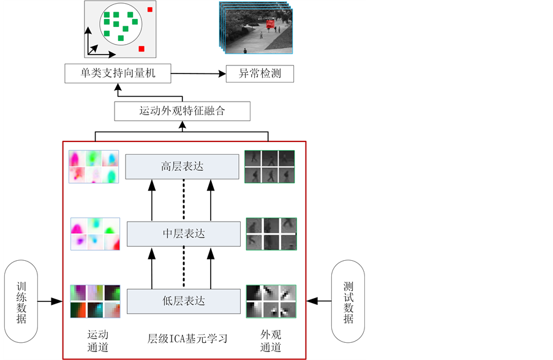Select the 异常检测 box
point(260,75)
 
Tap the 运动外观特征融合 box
point(182,111)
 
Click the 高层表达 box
point(182,167)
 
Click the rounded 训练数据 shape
point(21,301)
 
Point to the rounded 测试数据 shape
point(348,301)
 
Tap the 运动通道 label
point(98,341)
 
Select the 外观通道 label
point(270,341)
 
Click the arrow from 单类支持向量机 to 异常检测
point(198,75)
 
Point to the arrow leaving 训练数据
point(50,301)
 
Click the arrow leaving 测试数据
point(318,301)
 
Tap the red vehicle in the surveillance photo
point(269,23)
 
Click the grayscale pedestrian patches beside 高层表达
point(269,167)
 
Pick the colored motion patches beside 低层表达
point(95,301)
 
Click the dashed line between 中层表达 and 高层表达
point(182,200)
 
